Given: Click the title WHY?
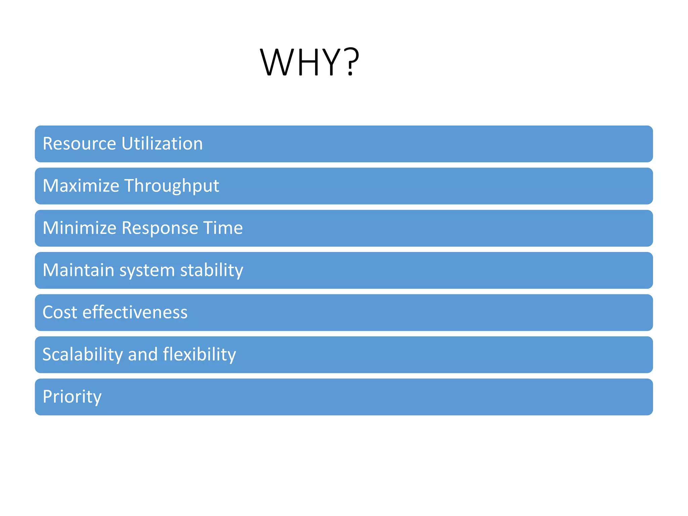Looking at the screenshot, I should click(309, 62).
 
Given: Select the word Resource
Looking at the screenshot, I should click(79, 144).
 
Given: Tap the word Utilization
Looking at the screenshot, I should click(162, 144).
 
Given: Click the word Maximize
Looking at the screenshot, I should click(81, 186).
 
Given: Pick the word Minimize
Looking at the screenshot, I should click(79, 228).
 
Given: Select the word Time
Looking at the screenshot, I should click(223, 228).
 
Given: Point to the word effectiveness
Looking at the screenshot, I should click(135, 312).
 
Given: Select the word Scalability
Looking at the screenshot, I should click(83, 355).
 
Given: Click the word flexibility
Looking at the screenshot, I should click(200, 355).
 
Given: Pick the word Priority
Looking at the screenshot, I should click(72, 397).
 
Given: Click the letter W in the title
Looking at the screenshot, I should click(277, 62).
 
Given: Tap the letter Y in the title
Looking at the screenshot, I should click(331, 62).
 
